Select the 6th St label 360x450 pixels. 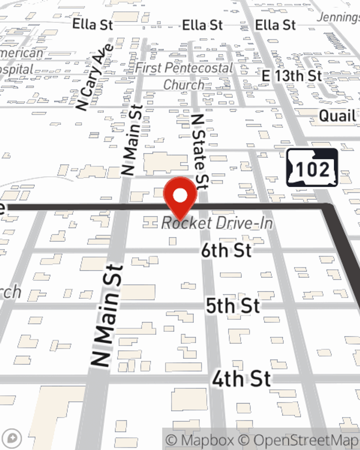click(x=226, y=250)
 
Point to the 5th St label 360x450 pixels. click(x=233, y=306)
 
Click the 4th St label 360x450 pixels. click(x=241, y=379)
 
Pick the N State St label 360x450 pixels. click(x=200, y=151)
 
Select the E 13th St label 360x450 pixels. click(x=292, y=76)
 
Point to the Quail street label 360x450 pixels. click(x=337, y=116)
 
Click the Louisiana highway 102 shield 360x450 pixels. click(x=312, y=168)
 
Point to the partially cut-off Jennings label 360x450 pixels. click(x=338, y=17)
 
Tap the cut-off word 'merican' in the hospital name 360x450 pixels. click(x=22, y=53)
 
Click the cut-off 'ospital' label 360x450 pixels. click(x=17, y=69)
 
